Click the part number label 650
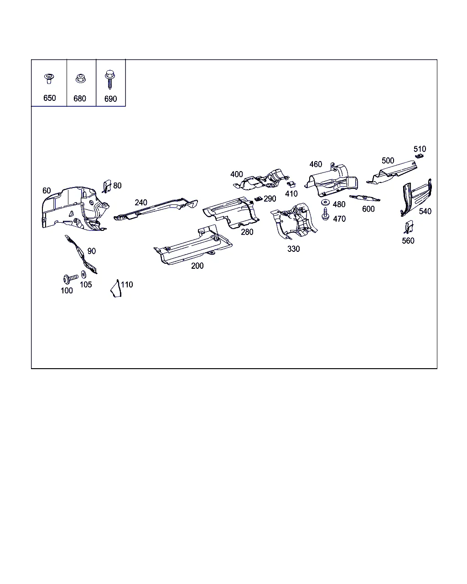point(49,98)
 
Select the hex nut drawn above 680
point(80,78)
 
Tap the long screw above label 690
point(110,79)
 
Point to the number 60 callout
point(47,191)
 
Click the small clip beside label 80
point(107,187)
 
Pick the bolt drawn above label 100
point(71,278)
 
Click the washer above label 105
point(83,274)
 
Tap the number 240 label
point(141,203)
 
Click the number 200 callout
point(197,266)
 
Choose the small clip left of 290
point(258,199)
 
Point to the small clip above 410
point(291,184)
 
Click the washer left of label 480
point(325,203)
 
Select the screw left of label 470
point(325,214)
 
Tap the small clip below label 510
point(420,156)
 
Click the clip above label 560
point(409,227)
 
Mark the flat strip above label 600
point(365,198)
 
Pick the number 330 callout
point(294,249)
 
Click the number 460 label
point(316,164)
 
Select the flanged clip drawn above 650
point(49,78)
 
